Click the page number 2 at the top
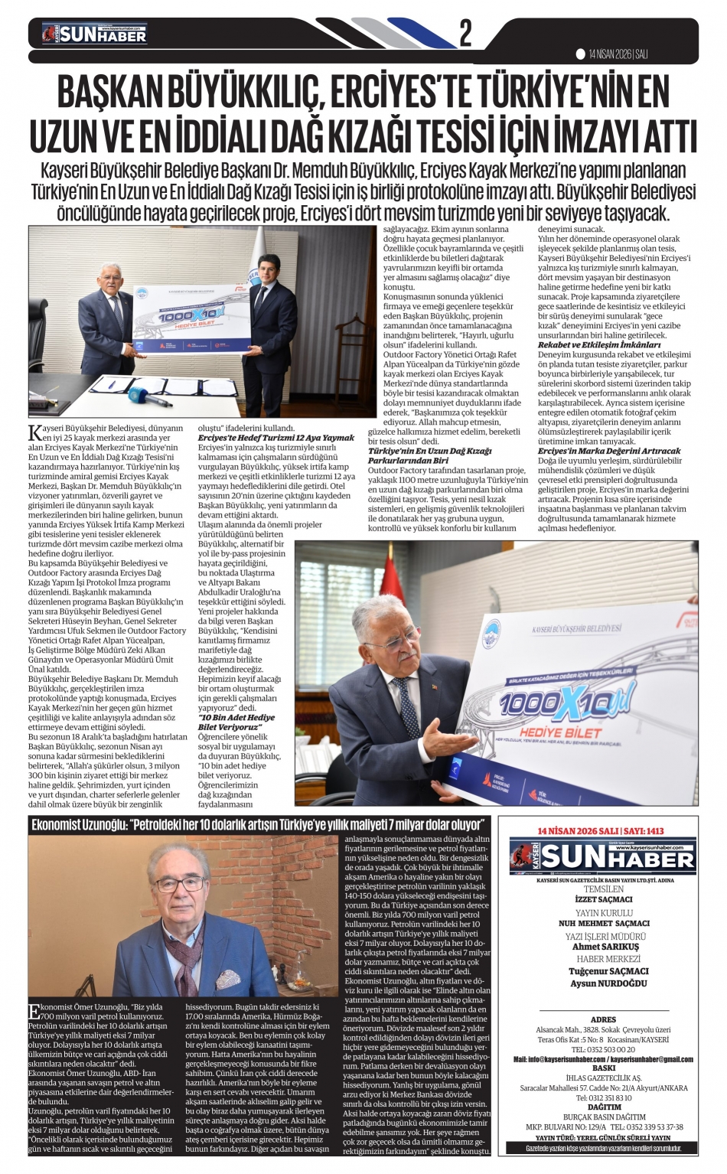pos(465,34)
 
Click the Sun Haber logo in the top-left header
pos(95,34)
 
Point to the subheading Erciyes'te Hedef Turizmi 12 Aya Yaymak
pos(276,437)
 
